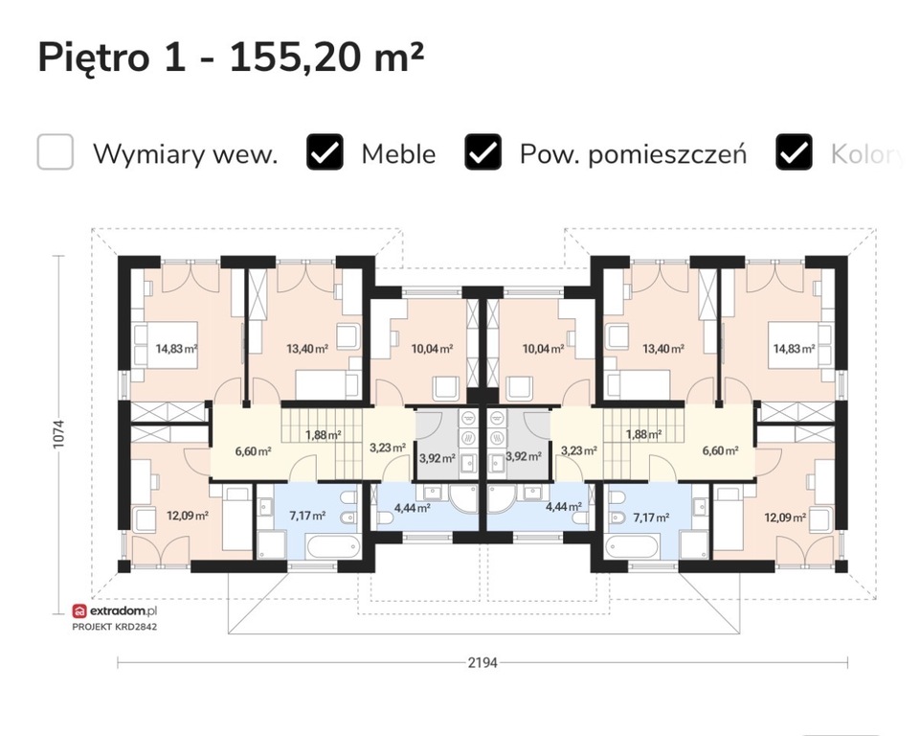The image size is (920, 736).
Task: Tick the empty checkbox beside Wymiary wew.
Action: click(56, 152)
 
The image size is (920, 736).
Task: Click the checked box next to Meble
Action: click(325, 152)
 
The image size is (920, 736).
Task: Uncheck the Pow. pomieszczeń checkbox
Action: click(482, 152)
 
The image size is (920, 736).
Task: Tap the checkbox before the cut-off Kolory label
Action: click(794, 152)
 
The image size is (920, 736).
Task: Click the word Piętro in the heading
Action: click(94, 58)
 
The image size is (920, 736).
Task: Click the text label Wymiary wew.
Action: click(186, 154)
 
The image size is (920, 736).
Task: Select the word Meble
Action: click(398, 154)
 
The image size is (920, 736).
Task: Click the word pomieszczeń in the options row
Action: click(667, 155)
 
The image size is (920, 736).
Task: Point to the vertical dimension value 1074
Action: click(58, 434)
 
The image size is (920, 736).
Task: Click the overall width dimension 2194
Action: click(482, 662)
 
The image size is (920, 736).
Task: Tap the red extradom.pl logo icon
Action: click(79, 611)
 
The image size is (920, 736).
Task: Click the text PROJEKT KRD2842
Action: click(115, 627)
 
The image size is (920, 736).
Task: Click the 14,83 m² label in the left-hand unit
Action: click(176, 348)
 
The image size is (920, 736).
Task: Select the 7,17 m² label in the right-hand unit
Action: click(651, 517)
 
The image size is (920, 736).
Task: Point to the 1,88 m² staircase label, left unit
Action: click(324, 435)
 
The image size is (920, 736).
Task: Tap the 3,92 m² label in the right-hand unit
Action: click(524, 456)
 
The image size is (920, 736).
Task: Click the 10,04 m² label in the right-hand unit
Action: click(544, 349)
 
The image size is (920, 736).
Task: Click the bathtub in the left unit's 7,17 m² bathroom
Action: click(333, 547)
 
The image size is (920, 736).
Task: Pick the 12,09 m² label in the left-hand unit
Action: click(188, 517)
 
